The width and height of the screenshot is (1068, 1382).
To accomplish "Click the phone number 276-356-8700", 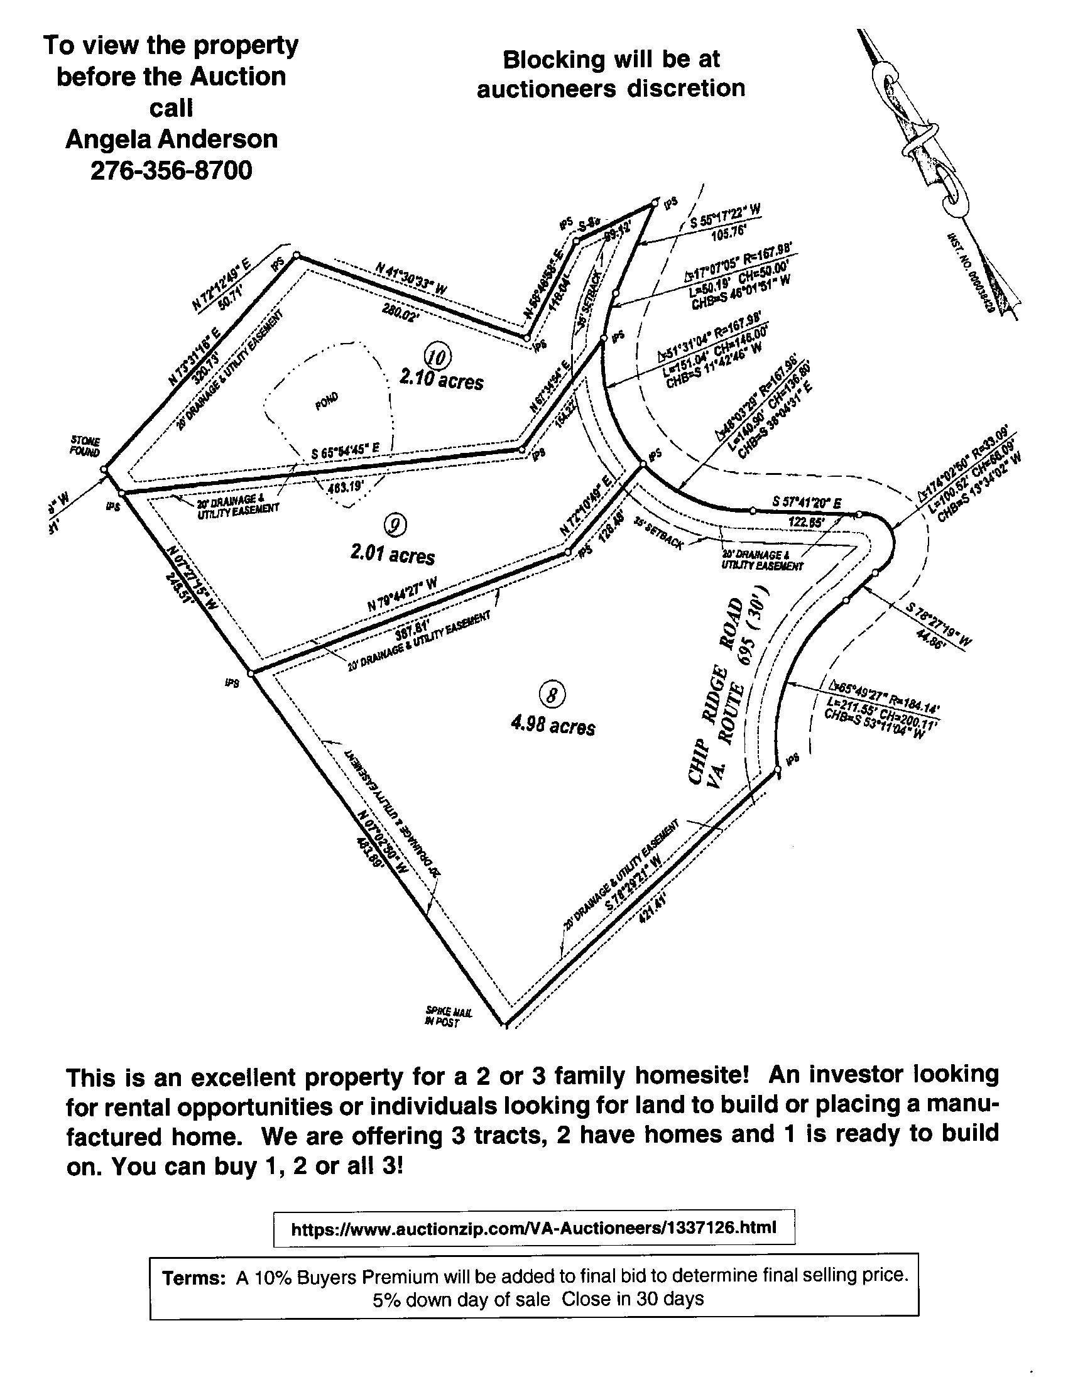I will coord(171,170).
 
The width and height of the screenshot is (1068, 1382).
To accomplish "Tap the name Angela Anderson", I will coord(171,139).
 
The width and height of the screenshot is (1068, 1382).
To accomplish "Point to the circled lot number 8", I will coord(551,695).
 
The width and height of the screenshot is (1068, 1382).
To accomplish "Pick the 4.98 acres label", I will coord(553,726).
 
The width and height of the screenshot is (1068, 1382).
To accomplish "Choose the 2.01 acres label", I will coord(392,555).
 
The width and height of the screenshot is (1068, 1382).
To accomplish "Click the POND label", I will coord(327,401).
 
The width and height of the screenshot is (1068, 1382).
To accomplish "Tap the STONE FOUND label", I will coord(85,447).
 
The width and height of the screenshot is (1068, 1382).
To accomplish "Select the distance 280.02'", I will coord(397,312).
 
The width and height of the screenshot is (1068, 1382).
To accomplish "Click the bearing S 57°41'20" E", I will coord(807,503).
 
